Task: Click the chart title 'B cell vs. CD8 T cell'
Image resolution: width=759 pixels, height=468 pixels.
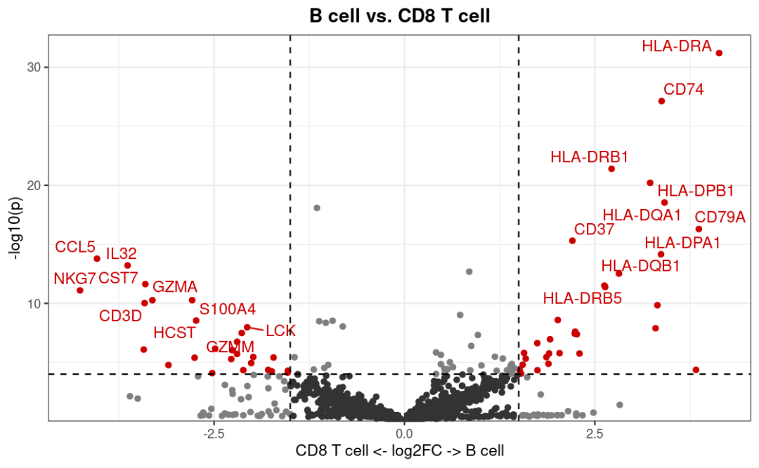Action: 399,15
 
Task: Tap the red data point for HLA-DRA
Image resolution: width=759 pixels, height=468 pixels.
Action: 719,53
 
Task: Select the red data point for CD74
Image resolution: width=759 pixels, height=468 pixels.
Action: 661,101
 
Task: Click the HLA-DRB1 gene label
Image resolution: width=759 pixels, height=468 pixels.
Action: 589,157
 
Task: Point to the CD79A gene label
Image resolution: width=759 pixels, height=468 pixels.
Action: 720,218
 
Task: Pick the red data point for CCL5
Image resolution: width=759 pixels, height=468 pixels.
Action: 97,259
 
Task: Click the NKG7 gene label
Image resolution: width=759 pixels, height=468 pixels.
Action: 74,279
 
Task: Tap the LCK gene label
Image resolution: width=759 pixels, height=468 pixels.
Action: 280,330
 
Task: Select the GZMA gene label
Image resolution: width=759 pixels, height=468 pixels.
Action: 175,287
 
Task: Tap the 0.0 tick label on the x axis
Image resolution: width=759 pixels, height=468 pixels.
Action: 404,434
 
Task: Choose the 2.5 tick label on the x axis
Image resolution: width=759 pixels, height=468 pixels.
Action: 595,434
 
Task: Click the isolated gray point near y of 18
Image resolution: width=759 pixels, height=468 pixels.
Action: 317,208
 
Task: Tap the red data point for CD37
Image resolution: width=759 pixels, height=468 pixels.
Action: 572,241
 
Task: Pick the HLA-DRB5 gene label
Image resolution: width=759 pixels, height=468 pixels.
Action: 582,298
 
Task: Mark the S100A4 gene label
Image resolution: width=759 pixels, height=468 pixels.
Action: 227,309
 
